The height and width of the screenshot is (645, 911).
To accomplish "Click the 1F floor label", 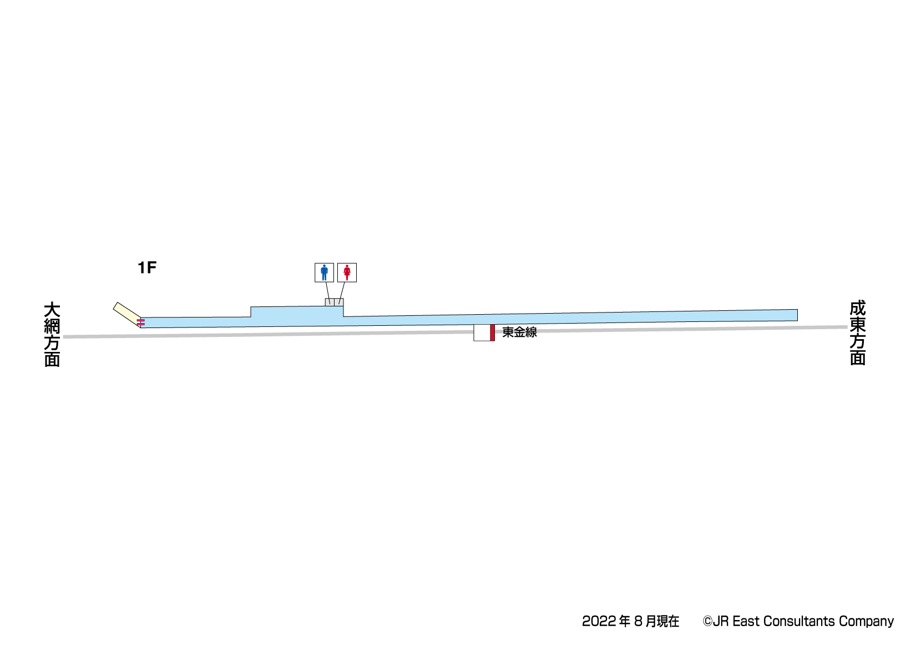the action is click(147, 268).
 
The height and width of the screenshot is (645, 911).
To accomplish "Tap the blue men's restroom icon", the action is click(324, 273).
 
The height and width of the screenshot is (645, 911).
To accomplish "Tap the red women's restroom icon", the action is click(347, 273).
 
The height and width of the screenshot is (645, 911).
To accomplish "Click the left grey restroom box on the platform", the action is click(330, 302).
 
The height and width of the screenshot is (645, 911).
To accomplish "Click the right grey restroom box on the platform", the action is click(339, 302).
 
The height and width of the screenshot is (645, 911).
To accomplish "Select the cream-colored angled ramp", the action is click(127, 314).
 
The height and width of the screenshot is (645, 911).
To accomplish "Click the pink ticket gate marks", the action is click(141, 323).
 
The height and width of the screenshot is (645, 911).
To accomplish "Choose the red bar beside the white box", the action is click(492, 332).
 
